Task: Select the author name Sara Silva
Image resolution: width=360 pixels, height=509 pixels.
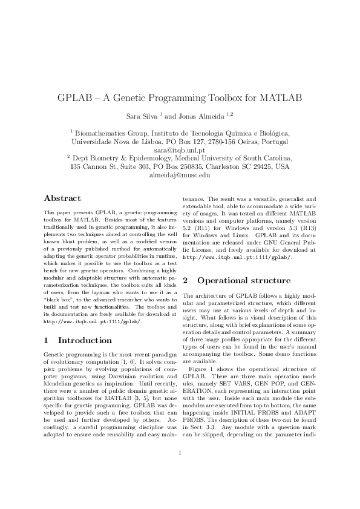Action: point(142,115)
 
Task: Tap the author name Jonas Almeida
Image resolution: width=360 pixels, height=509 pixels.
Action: point(203,115)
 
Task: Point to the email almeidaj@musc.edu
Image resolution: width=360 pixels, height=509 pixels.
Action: point(180,174)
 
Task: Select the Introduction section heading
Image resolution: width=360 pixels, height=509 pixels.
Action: point(77,340)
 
